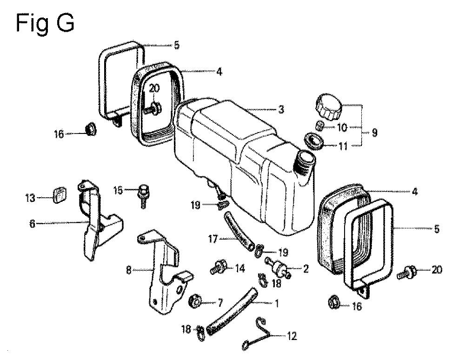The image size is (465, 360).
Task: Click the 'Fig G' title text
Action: (45, 22)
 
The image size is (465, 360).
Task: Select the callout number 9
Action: (374, 133)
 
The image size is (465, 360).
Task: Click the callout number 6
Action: (32, 223)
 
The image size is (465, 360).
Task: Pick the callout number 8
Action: (129, 269)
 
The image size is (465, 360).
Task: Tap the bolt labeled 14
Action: (219, 267)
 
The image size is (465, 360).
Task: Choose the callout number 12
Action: (292, 335)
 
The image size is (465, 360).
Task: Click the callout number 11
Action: (343, 145)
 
